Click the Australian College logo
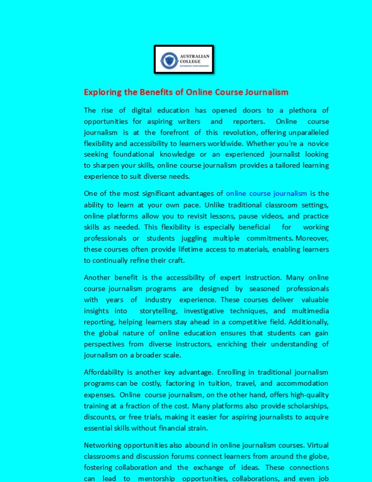tap(184, 59)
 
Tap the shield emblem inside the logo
tap(169, 61)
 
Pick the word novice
tap(317, 143)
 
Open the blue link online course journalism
tap(266, 193)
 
